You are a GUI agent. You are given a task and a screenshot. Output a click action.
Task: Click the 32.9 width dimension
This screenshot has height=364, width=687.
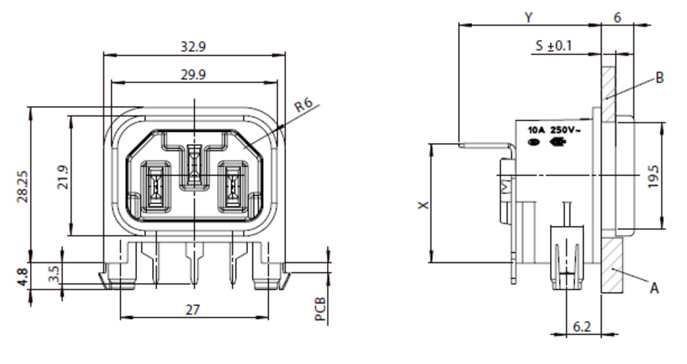[x=193, y=47]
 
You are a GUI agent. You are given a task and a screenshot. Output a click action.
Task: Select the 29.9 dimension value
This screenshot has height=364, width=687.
[x=193, y=75]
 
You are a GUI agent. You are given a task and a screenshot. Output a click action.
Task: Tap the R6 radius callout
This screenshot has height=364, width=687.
[x=303, y=105]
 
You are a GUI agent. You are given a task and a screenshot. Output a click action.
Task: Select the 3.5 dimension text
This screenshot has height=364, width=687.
[x=54, y=274]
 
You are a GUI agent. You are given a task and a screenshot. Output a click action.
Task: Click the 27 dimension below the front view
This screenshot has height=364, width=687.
[x=193, y=310]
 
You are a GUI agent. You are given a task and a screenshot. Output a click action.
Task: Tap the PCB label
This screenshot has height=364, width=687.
[x=321, y=309]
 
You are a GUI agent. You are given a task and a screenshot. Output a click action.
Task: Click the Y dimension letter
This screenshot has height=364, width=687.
[x=529, y=17]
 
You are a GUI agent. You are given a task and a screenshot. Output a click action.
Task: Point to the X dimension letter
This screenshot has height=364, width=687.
[x=424, y=204]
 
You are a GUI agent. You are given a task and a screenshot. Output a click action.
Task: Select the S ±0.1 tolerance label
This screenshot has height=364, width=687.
[x=554, y=45]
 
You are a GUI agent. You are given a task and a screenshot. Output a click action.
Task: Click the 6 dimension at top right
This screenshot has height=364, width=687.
[x=617, y=17]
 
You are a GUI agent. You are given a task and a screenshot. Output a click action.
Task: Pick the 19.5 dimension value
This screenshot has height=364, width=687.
[x=653, y=176]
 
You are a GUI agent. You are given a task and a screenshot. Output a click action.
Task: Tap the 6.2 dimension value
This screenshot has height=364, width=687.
[x=582, y=326]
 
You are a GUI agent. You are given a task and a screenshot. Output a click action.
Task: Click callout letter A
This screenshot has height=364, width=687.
[x=654, y=288]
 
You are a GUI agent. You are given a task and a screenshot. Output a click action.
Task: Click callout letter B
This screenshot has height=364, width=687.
[x=660, y=78]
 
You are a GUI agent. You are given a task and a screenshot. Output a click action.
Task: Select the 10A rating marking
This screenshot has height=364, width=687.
[x=536, y=130]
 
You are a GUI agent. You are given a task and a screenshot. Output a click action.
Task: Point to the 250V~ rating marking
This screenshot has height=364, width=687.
[x=565, y=130]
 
